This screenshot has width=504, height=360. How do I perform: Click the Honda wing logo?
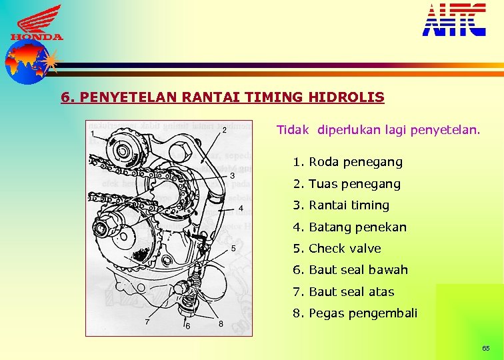click(x=37, y=22)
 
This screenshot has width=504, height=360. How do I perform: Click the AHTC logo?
click(x=454, y=19)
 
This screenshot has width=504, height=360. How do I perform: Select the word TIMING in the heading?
click(x=275, y=97)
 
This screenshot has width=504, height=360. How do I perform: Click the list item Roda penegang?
click(x=347, y=162)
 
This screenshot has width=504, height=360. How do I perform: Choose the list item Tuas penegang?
click(x=347, y=183)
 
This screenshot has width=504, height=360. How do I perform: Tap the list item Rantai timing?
click(x=341, y=205)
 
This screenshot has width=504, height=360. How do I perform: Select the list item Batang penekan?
click(x=349, y=227)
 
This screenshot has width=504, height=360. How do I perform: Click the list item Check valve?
click(x=337, y=249)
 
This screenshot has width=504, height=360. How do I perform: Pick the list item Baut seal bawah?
click(x=350, y=270)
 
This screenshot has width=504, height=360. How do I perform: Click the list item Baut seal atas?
click(x=343, y=292)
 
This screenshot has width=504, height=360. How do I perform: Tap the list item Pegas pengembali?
click(x=355, y=313)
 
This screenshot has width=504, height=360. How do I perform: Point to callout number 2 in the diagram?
click(x=224, y=129)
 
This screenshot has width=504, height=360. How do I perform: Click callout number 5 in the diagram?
click(x=233, y=248)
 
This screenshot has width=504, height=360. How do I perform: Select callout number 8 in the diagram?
click(x=221, y=324)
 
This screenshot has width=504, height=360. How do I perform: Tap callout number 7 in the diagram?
click(x=147, y=322)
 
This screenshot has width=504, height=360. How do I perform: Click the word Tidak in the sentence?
click(x=293, y=130)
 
